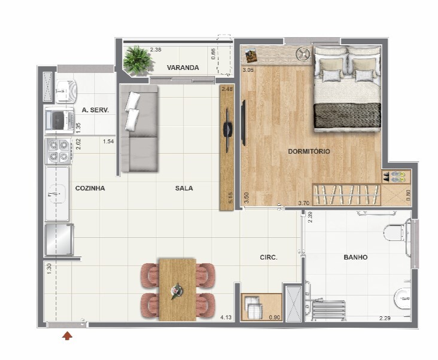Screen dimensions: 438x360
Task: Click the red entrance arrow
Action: point(67,336)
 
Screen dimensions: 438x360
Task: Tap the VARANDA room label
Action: point(183,68)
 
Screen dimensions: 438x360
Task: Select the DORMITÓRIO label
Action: point(309,151)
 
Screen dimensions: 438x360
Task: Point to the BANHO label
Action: point(355,257)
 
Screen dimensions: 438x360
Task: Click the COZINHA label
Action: point(90,188)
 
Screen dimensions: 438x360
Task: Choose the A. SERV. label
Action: point(95,110)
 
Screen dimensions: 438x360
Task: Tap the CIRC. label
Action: point(269,257)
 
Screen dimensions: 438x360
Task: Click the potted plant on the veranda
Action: point(138,60)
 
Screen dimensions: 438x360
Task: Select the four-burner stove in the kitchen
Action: point(59,151)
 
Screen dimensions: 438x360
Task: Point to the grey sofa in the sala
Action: point(139,128)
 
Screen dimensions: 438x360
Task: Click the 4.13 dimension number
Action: point(226,318)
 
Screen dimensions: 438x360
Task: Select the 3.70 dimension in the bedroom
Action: point(303,203)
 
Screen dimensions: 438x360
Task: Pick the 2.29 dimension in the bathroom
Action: point(385,318)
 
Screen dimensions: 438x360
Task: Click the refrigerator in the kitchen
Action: point(59,240)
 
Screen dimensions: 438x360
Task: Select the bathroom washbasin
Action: point(403,299)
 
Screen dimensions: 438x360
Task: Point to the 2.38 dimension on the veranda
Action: point(156,50)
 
